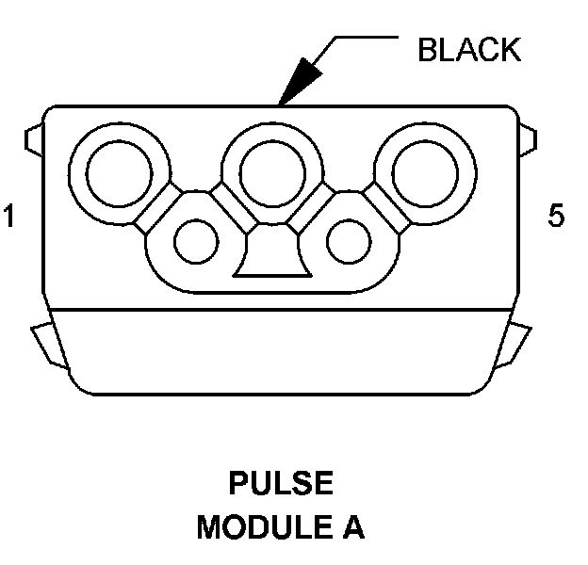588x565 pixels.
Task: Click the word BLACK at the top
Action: (x=468, y=50)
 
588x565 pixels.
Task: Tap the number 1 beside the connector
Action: (x=9, y=218)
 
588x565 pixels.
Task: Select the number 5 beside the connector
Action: (x=556, y=218)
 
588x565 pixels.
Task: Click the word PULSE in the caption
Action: (x=281, y=485)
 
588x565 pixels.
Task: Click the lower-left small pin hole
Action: (x=196, y=241)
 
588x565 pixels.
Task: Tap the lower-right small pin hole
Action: (x=349, y=241)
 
